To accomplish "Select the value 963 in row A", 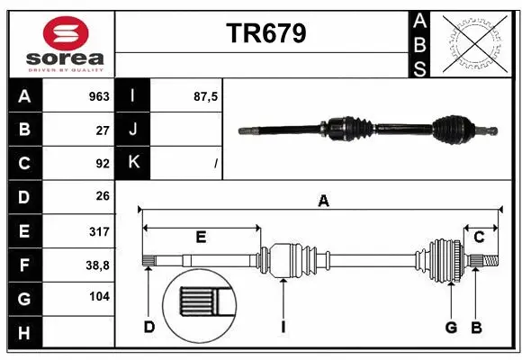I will coord(98,96).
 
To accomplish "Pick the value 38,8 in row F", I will coord(98,265).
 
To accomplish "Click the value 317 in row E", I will coord(98,232).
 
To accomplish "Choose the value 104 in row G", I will coord(99,297).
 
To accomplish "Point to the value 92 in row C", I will coord(102,164).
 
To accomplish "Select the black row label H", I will coord(24,334).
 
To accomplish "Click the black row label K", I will coord(133,163).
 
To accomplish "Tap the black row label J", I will coord(133,130).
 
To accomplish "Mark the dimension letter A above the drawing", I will coord(323,202).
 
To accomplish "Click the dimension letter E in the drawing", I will coord(201,238).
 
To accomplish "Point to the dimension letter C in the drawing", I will coord(480,237).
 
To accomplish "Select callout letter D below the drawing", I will coord(149,327).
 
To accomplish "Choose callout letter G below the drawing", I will coord(451,327).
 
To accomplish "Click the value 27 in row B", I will coord(102,130).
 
